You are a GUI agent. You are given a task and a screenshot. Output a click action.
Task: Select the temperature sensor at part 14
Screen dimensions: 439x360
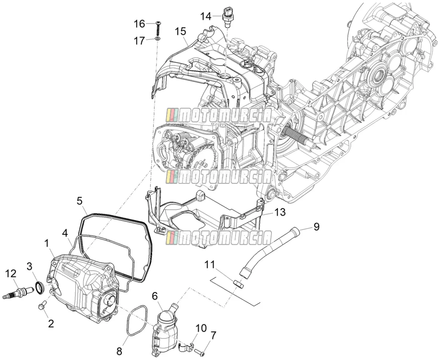(x=227, y=17)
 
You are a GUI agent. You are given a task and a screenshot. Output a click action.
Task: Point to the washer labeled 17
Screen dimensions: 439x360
(x=158, y=38)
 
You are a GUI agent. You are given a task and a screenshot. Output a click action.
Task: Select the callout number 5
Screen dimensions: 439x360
(x=79, y=201)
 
